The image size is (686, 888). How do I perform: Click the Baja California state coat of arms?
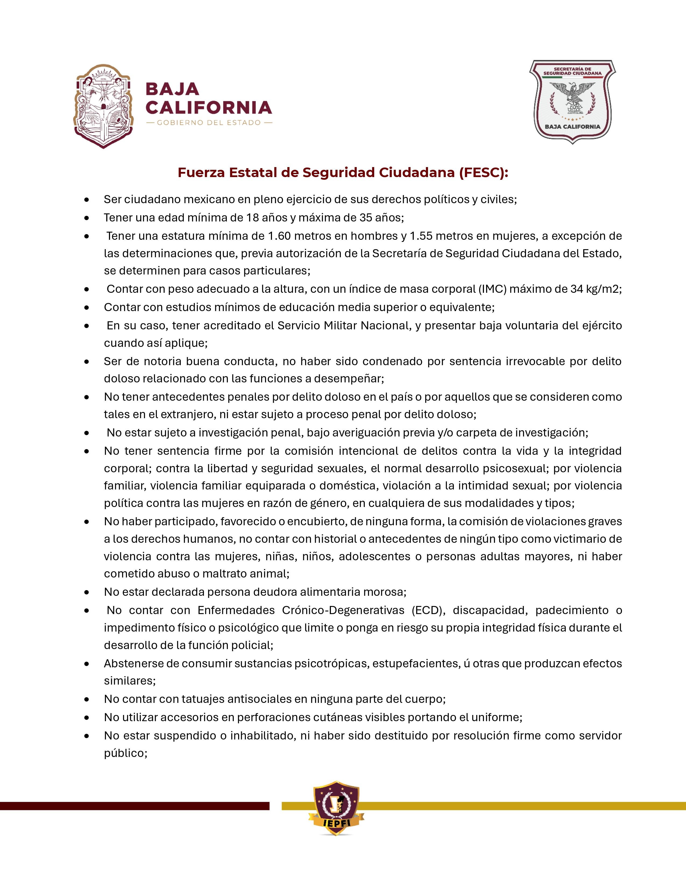pos(104,106)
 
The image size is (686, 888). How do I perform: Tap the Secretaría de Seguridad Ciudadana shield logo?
pos(572,102)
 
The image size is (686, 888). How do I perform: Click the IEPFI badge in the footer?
pos(336,808)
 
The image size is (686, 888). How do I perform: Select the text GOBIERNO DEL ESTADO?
pos(209,123)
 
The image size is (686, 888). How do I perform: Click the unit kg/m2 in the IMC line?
pos(603,289)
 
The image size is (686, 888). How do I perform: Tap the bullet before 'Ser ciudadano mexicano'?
pos(87,200)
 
